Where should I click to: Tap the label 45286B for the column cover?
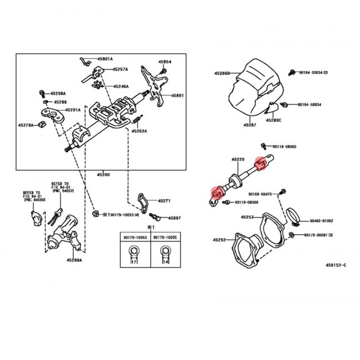point(223,72)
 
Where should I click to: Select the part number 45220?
point(237,160)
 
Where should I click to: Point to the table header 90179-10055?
point(164,237)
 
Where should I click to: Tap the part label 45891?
point(177,95)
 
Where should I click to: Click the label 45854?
point(165,62)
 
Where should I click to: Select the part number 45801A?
point(104,59)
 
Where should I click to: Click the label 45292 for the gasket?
point(220,240)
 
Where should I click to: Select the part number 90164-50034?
point(313,73)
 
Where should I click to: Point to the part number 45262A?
point(140,131)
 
